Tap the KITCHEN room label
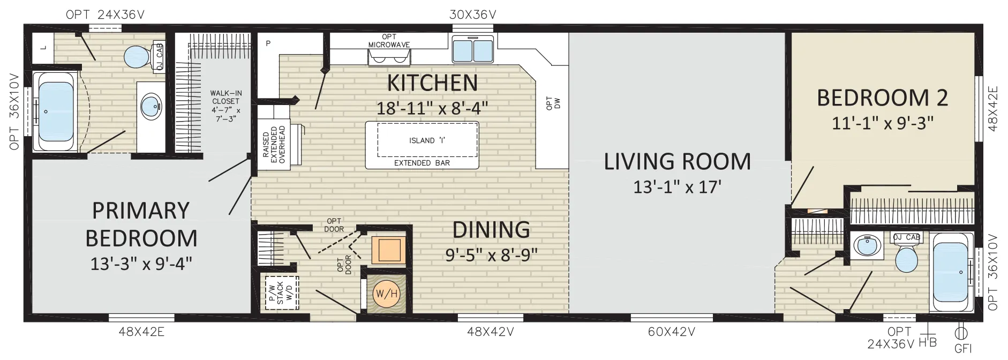432,83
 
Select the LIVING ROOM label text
678,161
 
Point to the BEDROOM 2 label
882,97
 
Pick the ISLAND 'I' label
427,140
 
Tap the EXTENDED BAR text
422,163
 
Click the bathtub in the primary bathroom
54,111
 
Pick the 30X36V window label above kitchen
472,14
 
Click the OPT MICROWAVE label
389,41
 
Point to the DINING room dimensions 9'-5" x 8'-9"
492,254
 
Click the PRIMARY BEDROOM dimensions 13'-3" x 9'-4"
141,264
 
